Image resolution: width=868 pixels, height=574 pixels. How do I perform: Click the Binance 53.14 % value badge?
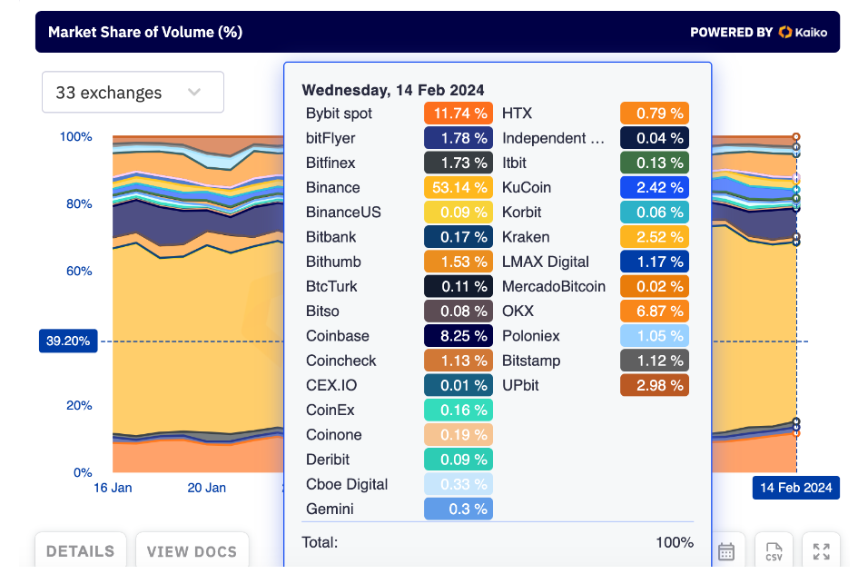click(459, 188)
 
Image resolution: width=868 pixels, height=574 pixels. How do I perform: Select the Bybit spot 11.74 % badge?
click(459, 114)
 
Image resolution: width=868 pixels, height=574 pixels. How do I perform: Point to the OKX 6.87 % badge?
click(655, 312)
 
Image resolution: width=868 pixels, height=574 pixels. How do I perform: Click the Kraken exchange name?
click(526, 237)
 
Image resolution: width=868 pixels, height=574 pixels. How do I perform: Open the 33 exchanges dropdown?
click(133, 93)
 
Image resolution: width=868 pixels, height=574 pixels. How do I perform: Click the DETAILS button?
click(81, 551)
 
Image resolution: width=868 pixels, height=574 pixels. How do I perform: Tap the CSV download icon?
click(774, 551)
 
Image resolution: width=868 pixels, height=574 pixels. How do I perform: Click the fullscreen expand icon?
click(822, 551)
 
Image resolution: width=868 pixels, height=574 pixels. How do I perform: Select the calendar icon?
click(726, 551)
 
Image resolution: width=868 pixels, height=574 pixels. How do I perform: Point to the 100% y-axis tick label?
click(76, 137)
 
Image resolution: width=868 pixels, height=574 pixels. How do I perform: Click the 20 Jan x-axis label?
click(207, 488)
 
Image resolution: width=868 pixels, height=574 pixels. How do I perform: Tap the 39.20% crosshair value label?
click(67, 341)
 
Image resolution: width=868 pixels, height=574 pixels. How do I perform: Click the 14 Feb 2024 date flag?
click(796, 488)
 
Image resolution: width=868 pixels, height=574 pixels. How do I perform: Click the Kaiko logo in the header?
click(804, 32)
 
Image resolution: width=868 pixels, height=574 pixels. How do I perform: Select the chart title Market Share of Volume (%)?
click(145, 33)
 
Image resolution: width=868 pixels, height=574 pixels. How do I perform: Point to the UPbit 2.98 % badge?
click(655, 386)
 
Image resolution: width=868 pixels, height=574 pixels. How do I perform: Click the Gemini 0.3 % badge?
click(459, 510)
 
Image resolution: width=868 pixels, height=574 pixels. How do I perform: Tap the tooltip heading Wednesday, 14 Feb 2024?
click(393, 90)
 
